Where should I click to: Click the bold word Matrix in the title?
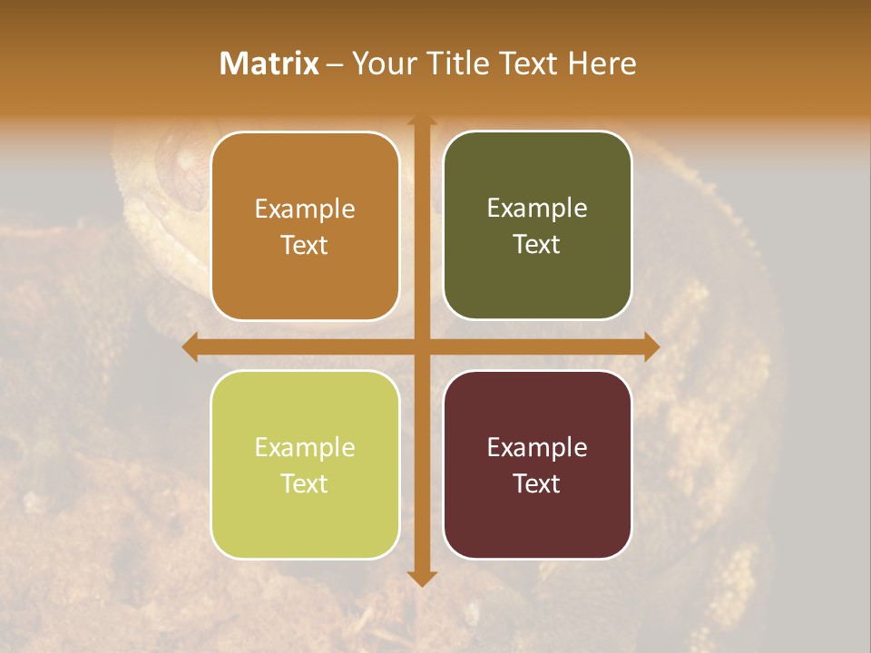pos(269,63)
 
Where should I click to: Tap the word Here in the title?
pos(602,63)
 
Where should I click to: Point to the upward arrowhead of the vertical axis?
pos(421,122)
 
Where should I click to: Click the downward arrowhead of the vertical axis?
pos(421,578)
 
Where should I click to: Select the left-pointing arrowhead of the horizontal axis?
pos(191,346)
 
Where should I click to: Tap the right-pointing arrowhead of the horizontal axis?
pos(651,346)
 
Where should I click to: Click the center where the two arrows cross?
pos(421,346)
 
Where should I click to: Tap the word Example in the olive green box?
pos(537,208)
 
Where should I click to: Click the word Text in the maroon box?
pos(537,483)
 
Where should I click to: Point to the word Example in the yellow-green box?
pos(305,447)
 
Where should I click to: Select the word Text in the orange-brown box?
pos(305,245)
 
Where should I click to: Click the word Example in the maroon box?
pos(537,447)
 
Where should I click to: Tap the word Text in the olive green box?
pos(537,244)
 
